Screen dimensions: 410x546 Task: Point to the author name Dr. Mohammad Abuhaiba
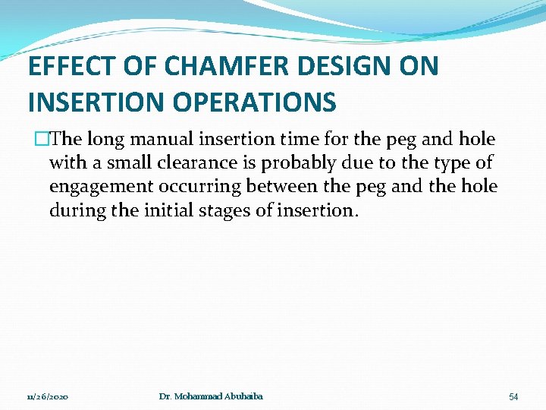pyautogui.click(x=211, y=396)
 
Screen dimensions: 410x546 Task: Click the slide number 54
pyautogui.click(x=513, y=397)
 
